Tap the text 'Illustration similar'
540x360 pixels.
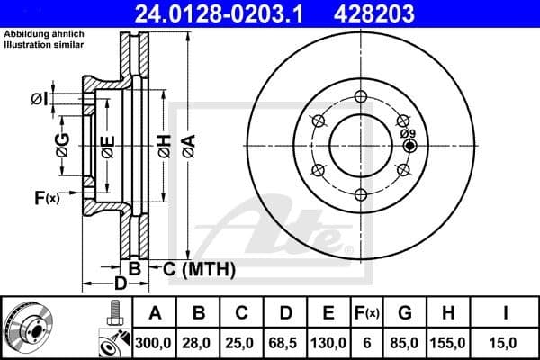[46, 44]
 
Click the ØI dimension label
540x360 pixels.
[39, 99]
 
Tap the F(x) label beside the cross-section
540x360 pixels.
[46, 198]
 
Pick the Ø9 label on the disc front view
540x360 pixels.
[407, 133]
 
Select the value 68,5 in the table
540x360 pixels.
[285, 342]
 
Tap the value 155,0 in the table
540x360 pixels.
[449, 342]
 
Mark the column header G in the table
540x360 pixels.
[405, 314]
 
